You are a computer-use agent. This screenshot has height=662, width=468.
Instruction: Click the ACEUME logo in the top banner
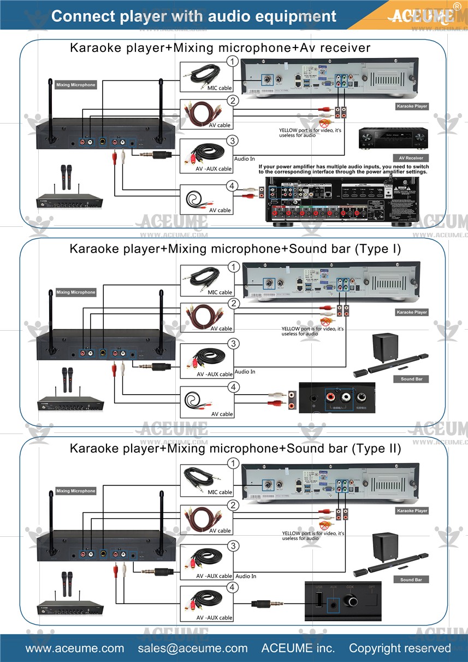(419, 15)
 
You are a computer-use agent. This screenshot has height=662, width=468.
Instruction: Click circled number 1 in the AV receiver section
(233, 61)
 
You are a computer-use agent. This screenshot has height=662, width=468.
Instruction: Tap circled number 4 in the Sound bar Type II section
(233, 588)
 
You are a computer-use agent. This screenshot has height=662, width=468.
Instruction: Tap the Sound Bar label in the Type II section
(411, 579)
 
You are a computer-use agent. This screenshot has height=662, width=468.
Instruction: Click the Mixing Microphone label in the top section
(75, 85)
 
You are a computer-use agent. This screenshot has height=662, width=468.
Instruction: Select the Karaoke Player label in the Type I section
(412, 312)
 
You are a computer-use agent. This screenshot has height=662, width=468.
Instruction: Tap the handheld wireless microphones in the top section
(67, 177)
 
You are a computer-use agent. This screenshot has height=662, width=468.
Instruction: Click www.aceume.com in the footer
(75, 648)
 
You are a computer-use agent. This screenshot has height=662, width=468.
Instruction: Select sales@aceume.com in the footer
(192, 648)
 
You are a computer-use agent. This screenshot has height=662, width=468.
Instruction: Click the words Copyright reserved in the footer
(400, 648)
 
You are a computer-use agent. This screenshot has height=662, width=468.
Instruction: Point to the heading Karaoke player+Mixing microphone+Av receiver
(220, 48)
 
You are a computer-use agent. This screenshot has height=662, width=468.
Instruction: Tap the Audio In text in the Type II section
(246, 576)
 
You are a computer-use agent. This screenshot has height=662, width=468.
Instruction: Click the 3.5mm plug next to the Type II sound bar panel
(266, 604)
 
